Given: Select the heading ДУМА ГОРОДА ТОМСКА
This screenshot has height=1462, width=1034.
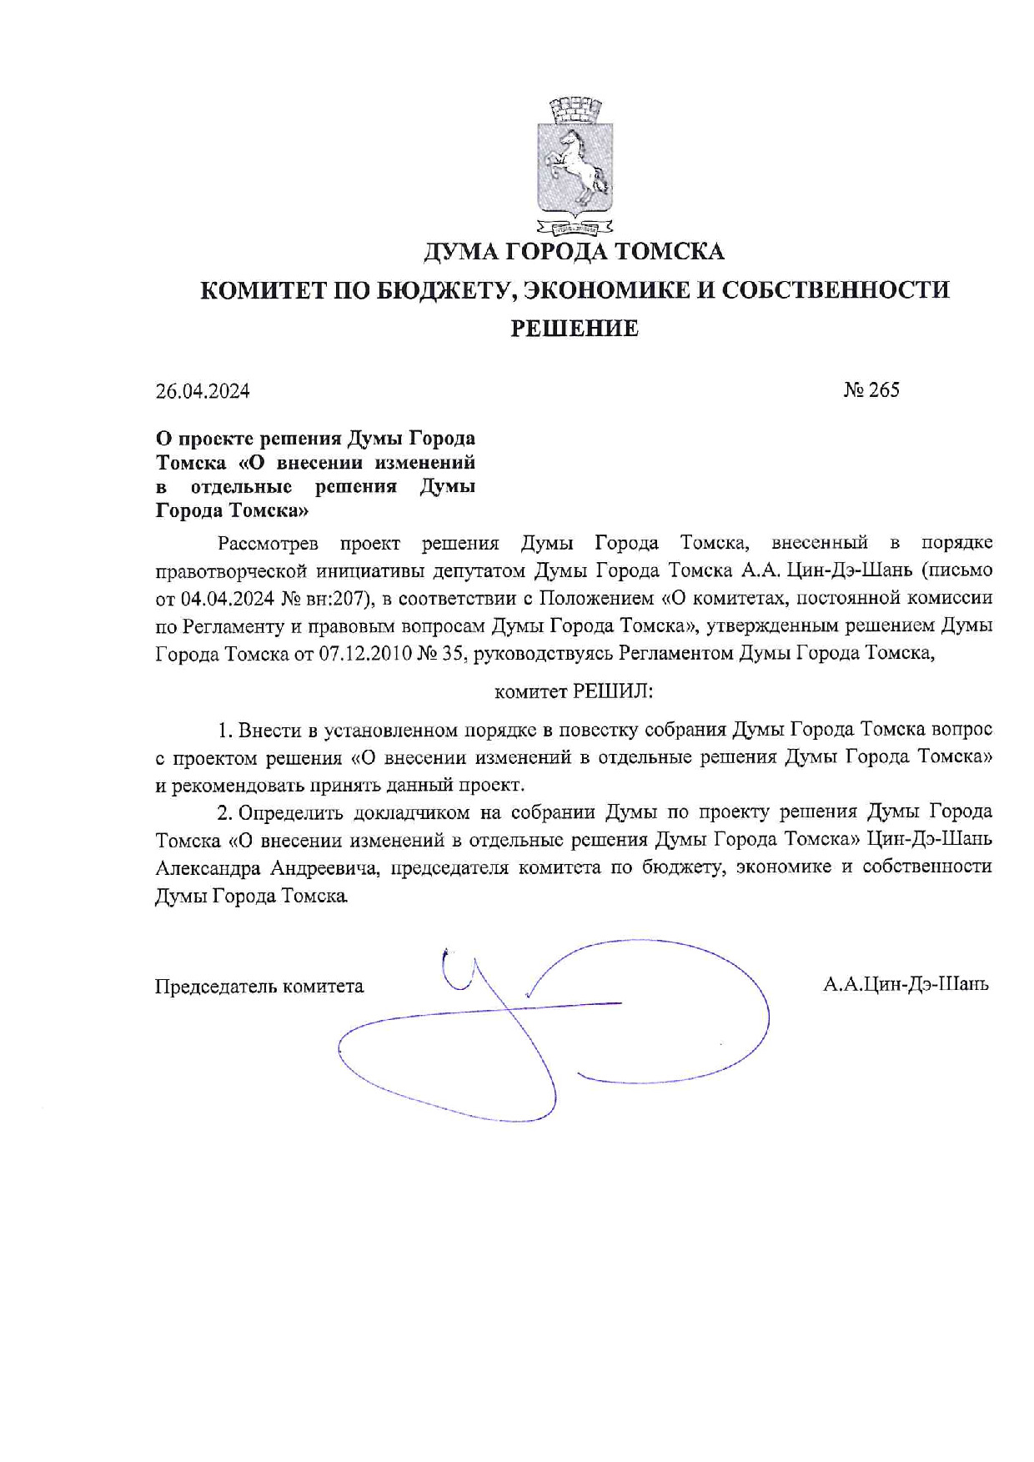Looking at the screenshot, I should [x=574, y=252].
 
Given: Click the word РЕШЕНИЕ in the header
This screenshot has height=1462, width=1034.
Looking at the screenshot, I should [x=574, y=328].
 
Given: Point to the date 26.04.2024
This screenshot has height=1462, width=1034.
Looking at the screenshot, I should [x=203, y=390].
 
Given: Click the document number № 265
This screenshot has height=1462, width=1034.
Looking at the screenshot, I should [x=871, y=389].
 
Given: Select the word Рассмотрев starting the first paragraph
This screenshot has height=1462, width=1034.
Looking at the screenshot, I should [x=268, y=544].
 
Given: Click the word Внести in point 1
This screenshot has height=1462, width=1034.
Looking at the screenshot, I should [x=270, y=731].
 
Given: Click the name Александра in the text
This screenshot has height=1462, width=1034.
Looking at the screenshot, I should [x=208, y=867].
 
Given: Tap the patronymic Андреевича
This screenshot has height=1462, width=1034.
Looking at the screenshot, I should [x=325, y=867].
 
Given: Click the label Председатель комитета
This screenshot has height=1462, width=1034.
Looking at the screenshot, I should [x=259, y=987].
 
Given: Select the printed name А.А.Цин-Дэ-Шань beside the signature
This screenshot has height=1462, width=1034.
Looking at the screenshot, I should [x=906, y=984].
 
